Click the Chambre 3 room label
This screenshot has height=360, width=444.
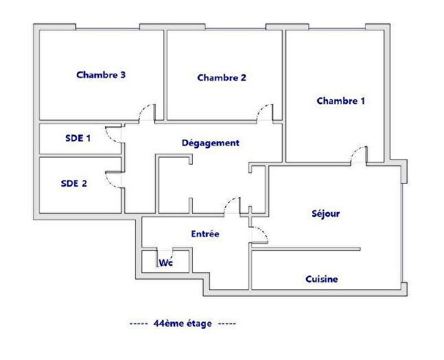(x=100, y=75)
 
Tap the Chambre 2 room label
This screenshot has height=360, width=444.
(x=222, y=77)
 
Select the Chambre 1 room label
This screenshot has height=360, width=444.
(x=340, y=101)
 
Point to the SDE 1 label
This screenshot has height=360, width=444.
(x=78, y=138)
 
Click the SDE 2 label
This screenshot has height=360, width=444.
(x=74, y=183)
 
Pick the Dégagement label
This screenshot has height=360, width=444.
(x=210, y=143)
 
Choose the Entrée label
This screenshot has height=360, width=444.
(x=205, y=234)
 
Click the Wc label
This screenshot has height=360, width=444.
(x=165, y=263)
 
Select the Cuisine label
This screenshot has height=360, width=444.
(x=321, y=279)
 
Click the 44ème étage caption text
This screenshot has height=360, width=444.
(x=183, y=322)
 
